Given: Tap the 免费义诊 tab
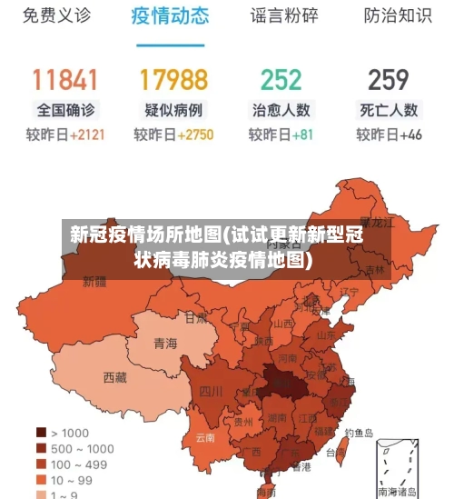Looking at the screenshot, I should (x=56, y=16).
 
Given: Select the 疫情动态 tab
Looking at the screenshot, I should (x=170, y=16).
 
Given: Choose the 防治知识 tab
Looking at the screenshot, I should (x=397, y=16).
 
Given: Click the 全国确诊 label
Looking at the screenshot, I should (x=64, y=110).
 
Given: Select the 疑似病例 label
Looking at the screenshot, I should (x=173, y=110).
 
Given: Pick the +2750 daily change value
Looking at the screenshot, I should (x=195, y=135).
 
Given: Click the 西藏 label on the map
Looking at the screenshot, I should (x=115, y=376).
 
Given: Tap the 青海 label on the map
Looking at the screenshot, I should (x=165, y=344).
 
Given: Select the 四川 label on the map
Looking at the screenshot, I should (x=211, y=392).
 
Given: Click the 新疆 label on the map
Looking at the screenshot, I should (x=94, y=282).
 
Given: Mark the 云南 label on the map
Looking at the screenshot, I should (x=205, y=437).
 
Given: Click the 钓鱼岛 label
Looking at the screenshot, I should (x=358, y=434).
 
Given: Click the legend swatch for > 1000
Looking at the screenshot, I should (x=42, y=433).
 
